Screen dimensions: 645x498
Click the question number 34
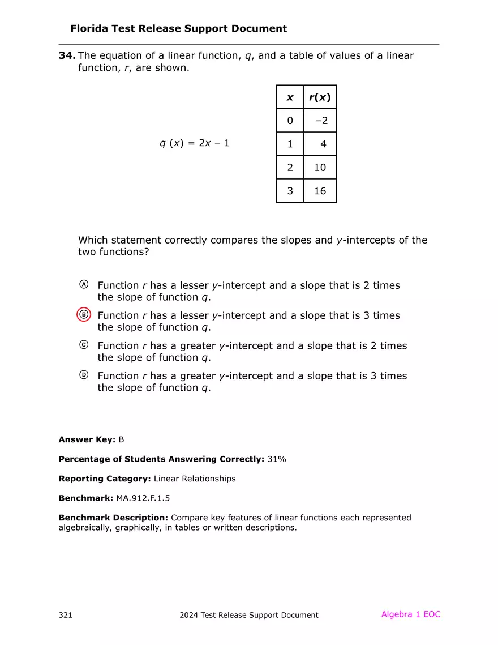pos(67,55)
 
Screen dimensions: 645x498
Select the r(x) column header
pos(320,97)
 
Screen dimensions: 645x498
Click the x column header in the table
pos(290,97)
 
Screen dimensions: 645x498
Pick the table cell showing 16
pos(320,191)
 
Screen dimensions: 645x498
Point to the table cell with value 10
pos(320,168)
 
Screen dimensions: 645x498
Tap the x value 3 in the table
pos(290,191)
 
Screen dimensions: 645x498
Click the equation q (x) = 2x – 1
pos(195,143)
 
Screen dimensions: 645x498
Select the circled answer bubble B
pos(84,315)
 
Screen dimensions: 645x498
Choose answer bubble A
pos(84,284)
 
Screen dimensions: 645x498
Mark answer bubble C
pos(84,344)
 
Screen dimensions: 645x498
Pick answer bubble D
pos(84,374)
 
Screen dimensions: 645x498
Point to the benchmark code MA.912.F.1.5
pos(143,498)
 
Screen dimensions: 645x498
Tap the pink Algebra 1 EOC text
pos(410,614)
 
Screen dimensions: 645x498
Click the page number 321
pos(66,615)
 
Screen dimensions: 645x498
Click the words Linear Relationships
pos(195,479)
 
